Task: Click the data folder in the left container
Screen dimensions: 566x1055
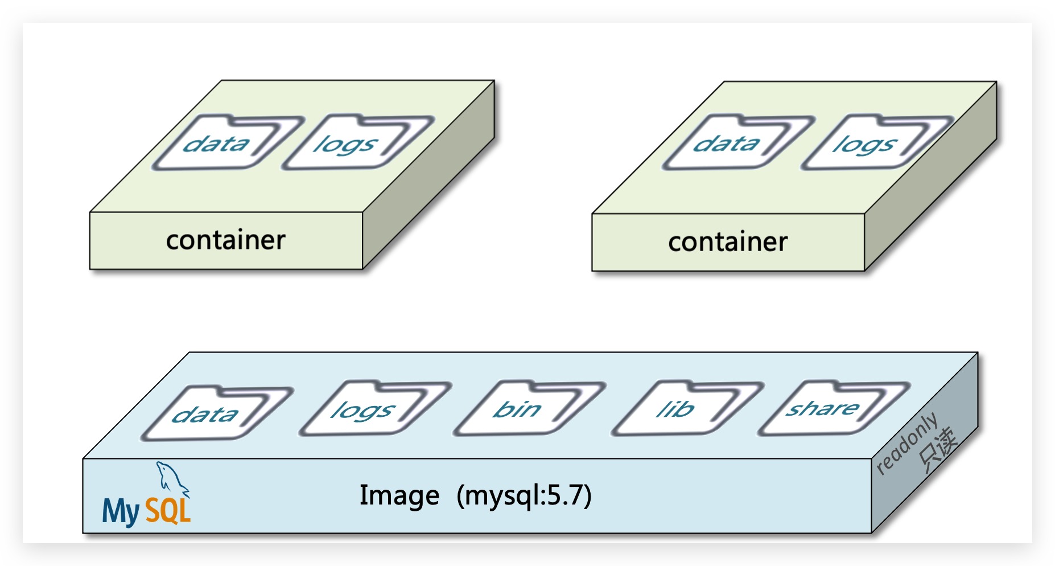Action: [219, 143]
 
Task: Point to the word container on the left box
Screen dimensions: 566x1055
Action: [226, 240]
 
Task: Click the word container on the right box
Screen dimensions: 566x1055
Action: [728, 242]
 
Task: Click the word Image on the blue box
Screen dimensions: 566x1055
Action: [399, 495]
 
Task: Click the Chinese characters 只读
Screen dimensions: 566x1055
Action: [938, 450]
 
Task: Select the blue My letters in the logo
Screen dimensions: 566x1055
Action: [121, 511]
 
